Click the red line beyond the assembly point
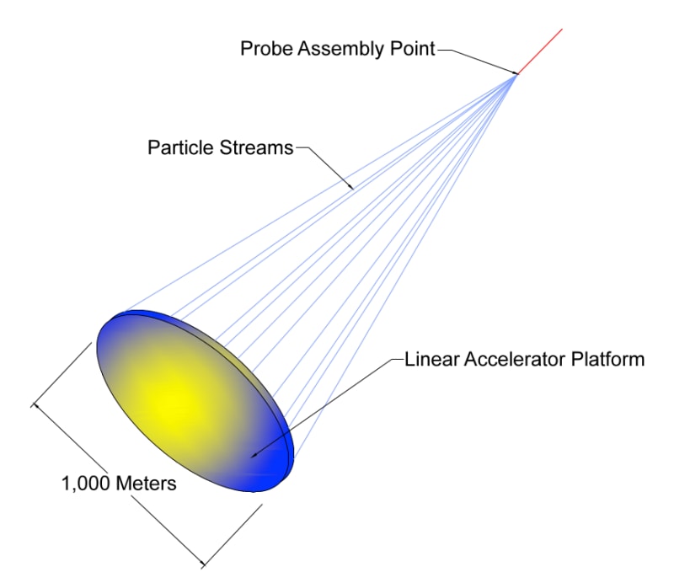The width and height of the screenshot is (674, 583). [540, 51]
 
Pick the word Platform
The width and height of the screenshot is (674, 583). [610, 360]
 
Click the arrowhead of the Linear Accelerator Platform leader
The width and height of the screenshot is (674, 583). [252, 456]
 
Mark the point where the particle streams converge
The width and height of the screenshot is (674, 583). [516, 74]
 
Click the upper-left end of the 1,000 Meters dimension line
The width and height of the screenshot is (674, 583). [35, 407]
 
